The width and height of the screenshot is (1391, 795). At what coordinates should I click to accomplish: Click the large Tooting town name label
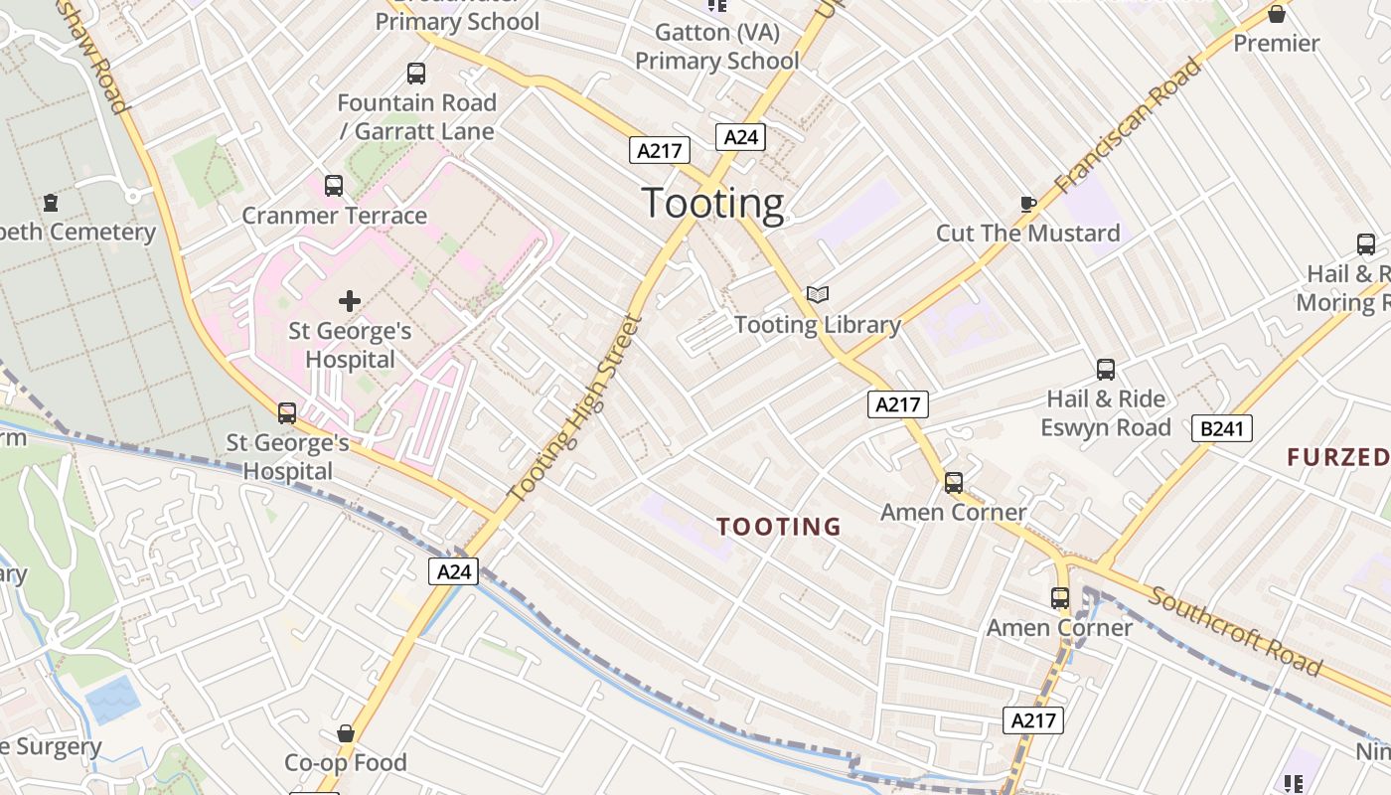point(712,203)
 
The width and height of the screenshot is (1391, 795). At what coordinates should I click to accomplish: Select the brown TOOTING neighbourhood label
point(779,526)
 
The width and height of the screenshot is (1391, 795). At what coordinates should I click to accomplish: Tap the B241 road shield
point(1222,428)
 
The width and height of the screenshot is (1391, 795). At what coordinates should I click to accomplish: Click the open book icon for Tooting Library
point(818,295)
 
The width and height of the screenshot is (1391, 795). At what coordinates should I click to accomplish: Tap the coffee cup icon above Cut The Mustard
point(1028,204)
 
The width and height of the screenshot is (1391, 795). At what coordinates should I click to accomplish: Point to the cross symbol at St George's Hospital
point(350,300)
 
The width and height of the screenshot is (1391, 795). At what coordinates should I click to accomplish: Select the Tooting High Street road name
point(575,408)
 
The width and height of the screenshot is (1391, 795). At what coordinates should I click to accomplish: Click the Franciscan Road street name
point(1128,126)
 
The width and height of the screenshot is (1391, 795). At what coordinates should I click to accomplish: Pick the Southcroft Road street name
point(1236,630)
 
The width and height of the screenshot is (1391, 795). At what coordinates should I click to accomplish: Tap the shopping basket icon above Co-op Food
point(346,733)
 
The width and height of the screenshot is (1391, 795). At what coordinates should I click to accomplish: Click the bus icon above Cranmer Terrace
point(334,186)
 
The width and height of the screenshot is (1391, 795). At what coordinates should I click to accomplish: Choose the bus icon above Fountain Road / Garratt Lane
point(416,74)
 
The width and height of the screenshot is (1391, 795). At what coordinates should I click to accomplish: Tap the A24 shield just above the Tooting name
point(740,137)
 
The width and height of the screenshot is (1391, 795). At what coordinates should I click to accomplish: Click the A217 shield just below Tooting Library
point(897,403)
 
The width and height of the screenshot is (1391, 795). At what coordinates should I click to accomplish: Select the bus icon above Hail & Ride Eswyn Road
point(1106,370)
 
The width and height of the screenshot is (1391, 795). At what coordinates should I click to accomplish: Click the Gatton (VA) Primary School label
point(716,47)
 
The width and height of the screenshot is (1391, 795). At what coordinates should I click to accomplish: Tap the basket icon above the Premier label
point(1277,14)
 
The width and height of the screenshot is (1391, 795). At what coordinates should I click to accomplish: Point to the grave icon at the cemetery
point(51,203)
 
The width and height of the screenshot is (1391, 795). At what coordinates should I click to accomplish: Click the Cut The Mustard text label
point(1028,233)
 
